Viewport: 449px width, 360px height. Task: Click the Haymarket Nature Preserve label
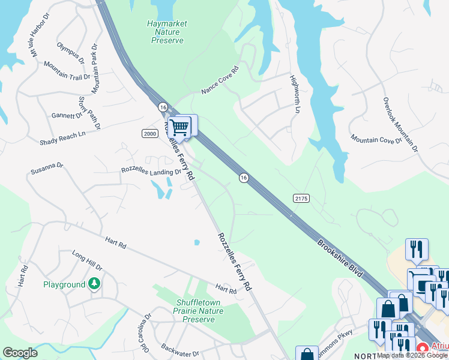pyautogui.click(x=167, y=32)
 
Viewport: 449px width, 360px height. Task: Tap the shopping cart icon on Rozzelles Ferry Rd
pyautogui.click(x=179, y=127)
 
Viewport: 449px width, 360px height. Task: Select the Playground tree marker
pyautogui.click(x=94, y=283)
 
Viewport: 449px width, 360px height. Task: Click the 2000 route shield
pyautogui.click(x=149, y=133)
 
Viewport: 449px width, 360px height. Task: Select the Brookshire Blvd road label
pyautogui.click(x=340, y=259)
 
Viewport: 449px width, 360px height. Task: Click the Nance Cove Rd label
pyautogui.click(x=220, y=79)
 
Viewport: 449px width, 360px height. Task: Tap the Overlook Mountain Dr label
pyautogui.click(x=400, y=124)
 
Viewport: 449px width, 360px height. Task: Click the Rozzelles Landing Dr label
pyautogui.click(x=151, y=171)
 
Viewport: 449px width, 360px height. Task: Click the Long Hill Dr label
pyautogui.click(x=87, y=260)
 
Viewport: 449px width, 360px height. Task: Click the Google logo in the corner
pyautogui.click(x=20, y=353)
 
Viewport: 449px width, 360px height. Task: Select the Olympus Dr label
pyautogui.click(x=71, y=52)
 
